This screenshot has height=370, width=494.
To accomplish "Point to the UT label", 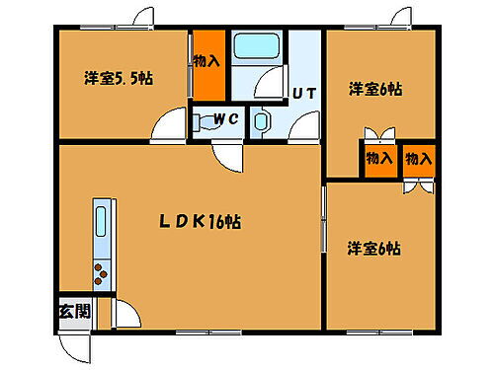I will tap(303, 96).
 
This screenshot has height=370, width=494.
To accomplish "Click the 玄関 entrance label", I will tap(73, 312).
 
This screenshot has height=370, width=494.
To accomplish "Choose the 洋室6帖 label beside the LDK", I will tap(373, 250).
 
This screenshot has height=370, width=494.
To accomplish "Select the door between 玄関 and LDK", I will tap(123, 314).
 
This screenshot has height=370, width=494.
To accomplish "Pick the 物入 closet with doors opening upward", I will tap(378, 158).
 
